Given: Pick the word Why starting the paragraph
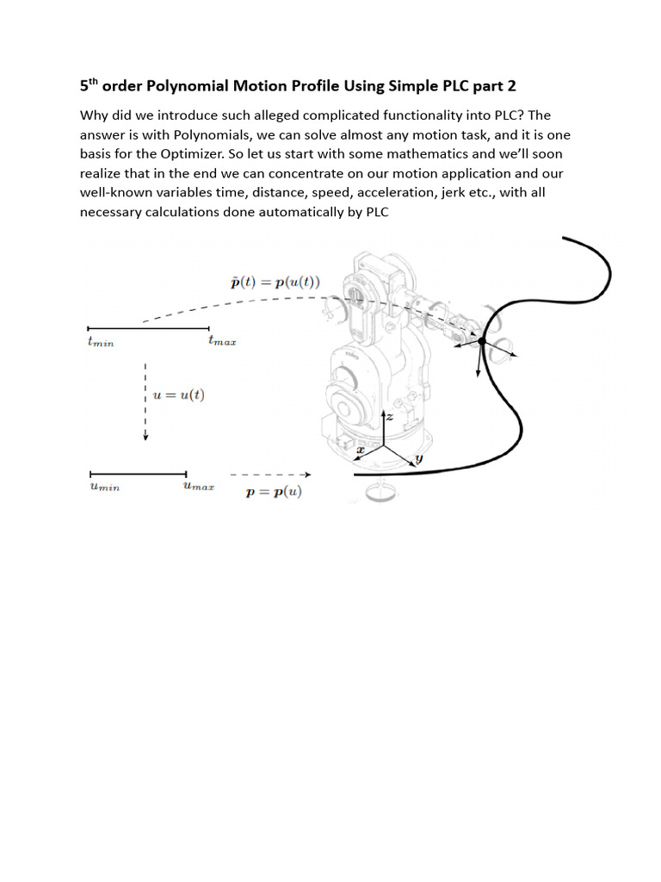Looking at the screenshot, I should click(x=95, y=116).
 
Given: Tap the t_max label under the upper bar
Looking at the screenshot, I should click(x=222, y=341).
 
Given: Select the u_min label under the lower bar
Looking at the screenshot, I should click(x=104, y=488).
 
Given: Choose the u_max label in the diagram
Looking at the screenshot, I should click(x=199, y=487).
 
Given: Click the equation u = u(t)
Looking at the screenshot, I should click(x=179, y=395).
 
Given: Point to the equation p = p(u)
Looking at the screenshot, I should click(x=275, y=492).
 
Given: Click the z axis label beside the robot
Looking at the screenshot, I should click(x=389, y=416).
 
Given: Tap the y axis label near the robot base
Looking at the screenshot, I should click(x=419, y=460).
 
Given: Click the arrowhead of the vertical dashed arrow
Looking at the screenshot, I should click(x=146, y=436).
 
